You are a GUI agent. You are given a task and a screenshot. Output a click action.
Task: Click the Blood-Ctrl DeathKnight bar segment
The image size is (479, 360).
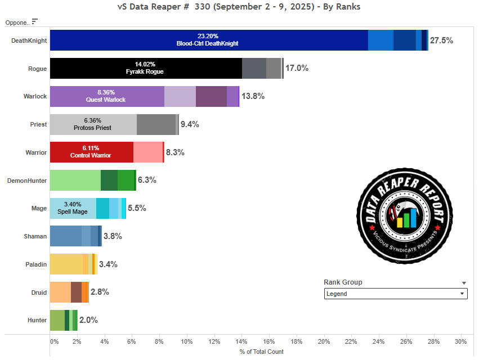point(209,40)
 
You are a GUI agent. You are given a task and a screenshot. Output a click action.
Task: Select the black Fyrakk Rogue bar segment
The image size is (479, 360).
point(146,68)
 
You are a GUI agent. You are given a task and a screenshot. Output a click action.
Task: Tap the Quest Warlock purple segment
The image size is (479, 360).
point(107,96)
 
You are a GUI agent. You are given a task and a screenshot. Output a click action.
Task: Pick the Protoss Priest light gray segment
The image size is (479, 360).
point(93,124)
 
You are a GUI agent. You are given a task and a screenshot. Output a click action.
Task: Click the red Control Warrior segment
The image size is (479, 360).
point(92,152)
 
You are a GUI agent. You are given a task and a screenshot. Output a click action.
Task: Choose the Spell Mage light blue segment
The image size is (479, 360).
point(73,208)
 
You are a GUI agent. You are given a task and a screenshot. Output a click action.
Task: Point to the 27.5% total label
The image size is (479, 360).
point(441,40)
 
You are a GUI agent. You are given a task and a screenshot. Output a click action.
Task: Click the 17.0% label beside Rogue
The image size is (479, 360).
point(297,68)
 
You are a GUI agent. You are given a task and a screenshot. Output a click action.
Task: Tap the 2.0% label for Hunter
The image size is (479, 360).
point(88,320)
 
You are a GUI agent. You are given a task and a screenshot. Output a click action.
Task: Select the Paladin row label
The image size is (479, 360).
point(36,264)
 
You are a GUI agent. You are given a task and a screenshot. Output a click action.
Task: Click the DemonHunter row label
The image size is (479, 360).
point(26,181)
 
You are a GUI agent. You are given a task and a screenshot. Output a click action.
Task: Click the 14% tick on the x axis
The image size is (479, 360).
point(241,341)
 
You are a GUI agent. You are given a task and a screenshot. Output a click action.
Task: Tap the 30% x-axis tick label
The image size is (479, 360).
point(460,341)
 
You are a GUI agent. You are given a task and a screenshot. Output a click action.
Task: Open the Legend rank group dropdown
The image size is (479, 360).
point(396,294)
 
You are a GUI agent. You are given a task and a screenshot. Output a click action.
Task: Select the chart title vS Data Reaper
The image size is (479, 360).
point(239,7)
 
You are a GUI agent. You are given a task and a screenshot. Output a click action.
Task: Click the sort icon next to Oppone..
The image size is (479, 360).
point(35,21)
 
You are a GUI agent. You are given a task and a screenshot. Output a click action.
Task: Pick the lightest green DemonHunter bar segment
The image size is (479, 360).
point(75,180)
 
